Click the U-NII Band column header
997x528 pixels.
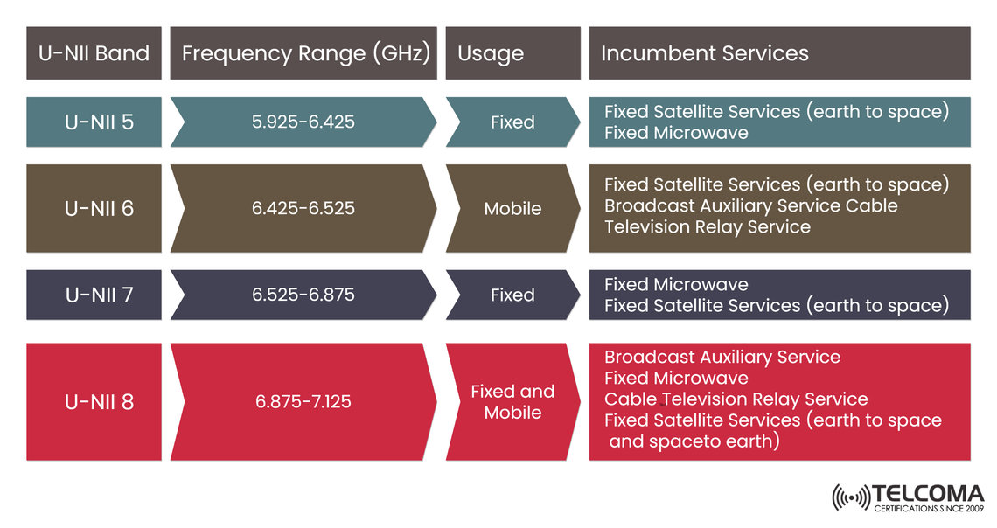click(94, 53)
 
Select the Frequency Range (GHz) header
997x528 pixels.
click(305, 53)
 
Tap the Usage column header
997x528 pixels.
click(491, 53)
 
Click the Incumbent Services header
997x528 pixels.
click(704, 53)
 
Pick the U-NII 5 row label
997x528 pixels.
click(99, 122)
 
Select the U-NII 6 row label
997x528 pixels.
click(99, 208)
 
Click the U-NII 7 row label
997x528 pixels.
click(99, 295)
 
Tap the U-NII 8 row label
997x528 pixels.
click(99, 402)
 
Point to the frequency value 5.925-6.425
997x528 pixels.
click(303, 122)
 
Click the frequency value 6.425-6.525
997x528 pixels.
click(303, 208)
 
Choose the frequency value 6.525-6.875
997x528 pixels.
click(303, 295)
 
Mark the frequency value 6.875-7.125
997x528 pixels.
click(303, 402)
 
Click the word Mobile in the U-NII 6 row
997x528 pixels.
click(512, 208)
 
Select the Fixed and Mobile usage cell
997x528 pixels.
click(512, 402)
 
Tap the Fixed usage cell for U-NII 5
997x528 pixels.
click(512, 122)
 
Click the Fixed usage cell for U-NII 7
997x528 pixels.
click(512, 295)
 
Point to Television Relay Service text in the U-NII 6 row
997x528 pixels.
click(708, 227)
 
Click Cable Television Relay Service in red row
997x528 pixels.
click(736, 399)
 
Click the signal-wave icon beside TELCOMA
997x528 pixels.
click(851, 498)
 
